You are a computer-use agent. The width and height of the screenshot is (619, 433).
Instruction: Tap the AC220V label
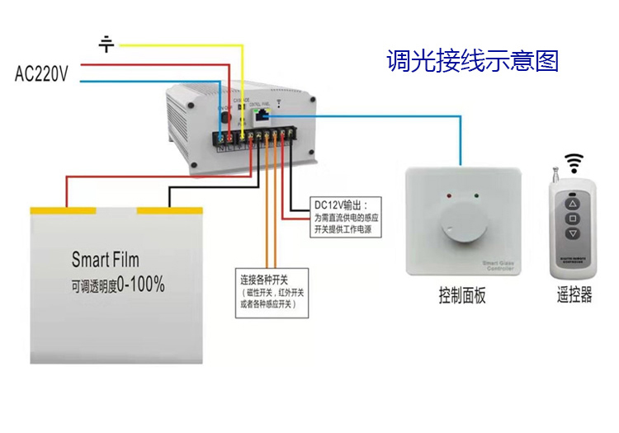tap(41, 75)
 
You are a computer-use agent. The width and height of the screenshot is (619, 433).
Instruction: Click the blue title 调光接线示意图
tap(473, 60)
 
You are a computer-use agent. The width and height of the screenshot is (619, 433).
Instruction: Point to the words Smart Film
tap(105, 260)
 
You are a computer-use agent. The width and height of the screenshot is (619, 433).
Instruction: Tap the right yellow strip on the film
tap(170, 210)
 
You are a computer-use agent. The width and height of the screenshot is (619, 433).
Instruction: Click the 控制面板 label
tap(462, 297)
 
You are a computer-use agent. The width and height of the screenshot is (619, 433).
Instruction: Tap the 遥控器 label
tap(574, 297)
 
